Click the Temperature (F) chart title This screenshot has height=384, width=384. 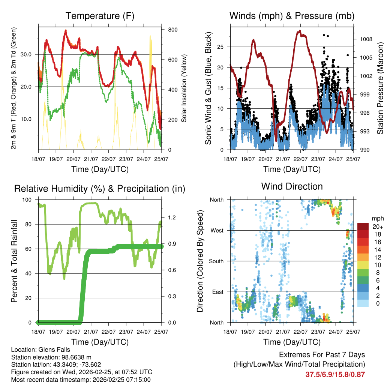coord(100,16)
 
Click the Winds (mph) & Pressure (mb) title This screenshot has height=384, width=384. coord(292,16)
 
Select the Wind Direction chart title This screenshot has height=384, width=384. coord(292,186)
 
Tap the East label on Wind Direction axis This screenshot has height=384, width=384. coord(217,292)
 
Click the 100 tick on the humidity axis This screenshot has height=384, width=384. coord(28,200)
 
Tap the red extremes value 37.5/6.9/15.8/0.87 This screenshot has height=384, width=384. coord(335,374)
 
